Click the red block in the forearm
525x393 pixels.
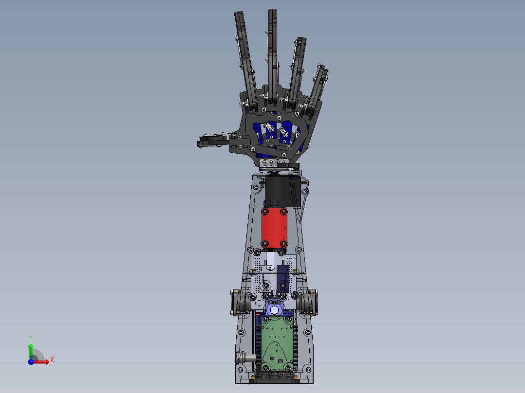tap(274, 228)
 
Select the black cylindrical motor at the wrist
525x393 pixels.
tap(279, 191)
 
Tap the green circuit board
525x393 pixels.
tap(277, 344)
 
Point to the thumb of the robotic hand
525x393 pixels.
tap(214, 141)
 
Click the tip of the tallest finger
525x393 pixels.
tap(273, 11)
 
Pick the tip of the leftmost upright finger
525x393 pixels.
tap(239, 13)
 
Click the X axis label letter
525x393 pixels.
tap(52, 360)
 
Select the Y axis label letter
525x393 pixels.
tap(31, 338)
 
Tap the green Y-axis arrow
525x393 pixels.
tap(31, 351)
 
